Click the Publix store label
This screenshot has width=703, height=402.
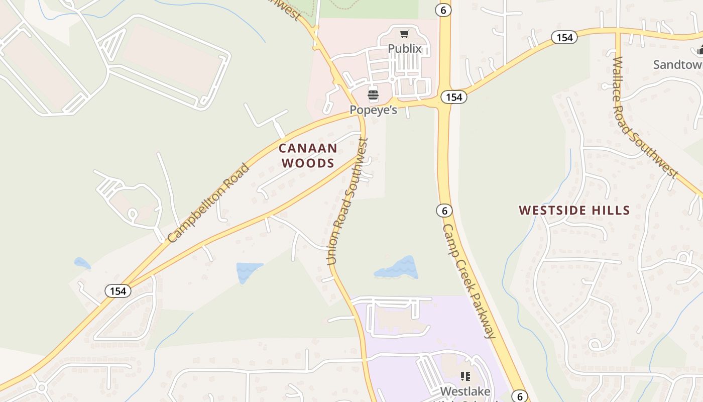click(404, 49)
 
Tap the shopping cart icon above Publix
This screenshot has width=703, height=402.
click(404, 34)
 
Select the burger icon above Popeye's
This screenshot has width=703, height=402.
click(373, 95)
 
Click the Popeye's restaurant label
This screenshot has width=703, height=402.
click(373, 110)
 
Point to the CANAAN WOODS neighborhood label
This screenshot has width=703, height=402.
click(308, 155)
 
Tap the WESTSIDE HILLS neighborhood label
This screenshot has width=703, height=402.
click(574, 210)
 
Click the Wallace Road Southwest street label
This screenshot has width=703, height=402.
click(644, 118)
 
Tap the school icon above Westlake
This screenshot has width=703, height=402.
click(465, 376)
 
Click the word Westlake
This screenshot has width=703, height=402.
click(464, 390)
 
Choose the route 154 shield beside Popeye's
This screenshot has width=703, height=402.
click(453, 97)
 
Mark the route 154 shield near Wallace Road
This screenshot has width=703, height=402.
click(564, 37)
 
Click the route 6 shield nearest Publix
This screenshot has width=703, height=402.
click(443, 10)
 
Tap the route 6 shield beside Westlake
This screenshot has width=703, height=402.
click(520, 396)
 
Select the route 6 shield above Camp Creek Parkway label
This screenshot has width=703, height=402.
click(444, 210)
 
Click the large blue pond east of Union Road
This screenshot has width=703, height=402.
click(397, 268)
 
